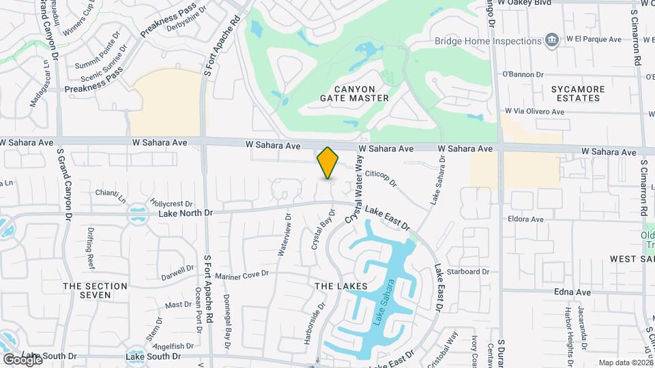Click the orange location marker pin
click(x=328, y=162)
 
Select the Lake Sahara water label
click(x=385, y=300)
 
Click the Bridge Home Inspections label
click(x=489, y=41)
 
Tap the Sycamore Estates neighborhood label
click(x=577, y=93)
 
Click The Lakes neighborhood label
click(x=340, y=286)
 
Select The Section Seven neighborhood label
click(x=95, y=290)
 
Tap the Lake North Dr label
click(x=186, y=213)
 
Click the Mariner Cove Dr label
click(x=242, y=275)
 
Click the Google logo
click(x=23, y=359)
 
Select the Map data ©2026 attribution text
click(x=625, y=363)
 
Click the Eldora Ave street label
click(x=525, y=219)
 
